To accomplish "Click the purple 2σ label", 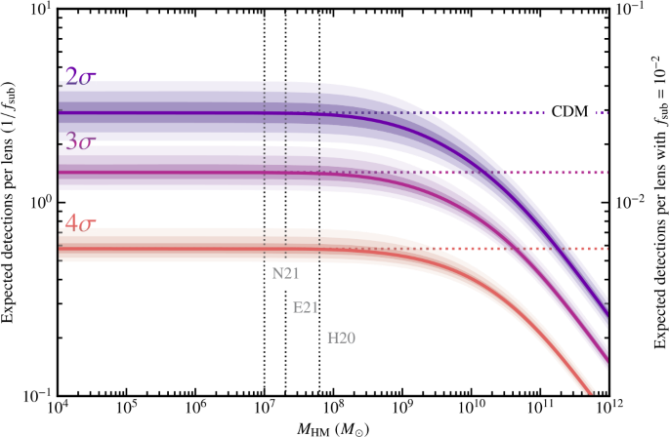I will point(80,78).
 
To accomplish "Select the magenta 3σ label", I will point(80,141).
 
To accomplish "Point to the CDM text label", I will point(570,110).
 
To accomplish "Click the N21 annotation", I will point(284,273).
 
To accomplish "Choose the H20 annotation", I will point(340,338).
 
